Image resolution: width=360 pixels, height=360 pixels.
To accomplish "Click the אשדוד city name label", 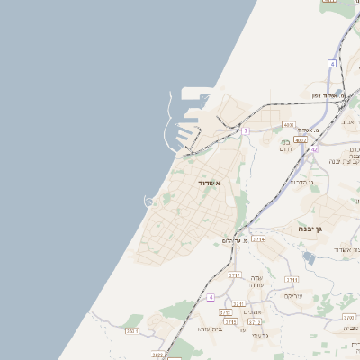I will tap(210, 183).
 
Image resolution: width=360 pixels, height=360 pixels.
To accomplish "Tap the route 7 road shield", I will tap(245, 130).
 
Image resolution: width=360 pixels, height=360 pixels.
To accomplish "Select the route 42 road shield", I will tap(314, 148).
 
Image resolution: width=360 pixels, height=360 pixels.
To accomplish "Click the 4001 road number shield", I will tap(289, 124).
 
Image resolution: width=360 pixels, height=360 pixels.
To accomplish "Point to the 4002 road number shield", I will tap(301, 139).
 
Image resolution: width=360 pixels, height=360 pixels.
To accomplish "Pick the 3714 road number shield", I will tap(258, 239).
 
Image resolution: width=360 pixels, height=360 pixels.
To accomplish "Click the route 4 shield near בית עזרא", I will tap(210, 297).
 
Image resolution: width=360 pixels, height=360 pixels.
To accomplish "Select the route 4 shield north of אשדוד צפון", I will tap(332, 64).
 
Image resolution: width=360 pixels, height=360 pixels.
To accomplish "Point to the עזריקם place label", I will tap(293, 296).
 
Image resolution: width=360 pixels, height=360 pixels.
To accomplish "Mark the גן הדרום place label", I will tap(300, 183).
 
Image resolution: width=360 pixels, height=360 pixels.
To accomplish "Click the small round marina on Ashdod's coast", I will tap(150, 201).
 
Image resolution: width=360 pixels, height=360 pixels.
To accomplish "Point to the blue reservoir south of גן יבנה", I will tap(310, 257).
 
